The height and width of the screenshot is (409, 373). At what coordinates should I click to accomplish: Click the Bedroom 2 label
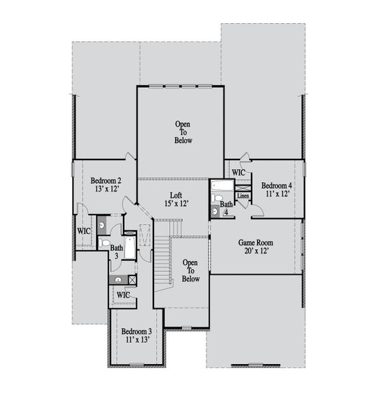[106, 181]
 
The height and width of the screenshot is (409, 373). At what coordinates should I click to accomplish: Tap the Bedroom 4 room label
[276, 185]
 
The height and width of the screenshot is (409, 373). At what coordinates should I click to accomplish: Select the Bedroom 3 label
[135, 331]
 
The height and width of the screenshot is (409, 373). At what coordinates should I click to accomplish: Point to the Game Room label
[253, 242]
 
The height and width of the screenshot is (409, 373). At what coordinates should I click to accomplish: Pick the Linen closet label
[243, 196]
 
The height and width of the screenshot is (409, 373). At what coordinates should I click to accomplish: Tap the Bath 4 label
[226, 207]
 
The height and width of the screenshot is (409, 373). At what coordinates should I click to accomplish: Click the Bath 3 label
[117, 252]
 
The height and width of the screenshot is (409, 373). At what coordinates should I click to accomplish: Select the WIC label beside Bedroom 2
[84, 232]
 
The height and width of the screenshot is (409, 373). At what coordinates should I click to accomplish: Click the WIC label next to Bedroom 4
[238, 172]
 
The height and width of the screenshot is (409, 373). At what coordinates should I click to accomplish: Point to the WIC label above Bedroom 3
[123, 294]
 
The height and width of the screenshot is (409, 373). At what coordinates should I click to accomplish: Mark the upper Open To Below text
[183, 132]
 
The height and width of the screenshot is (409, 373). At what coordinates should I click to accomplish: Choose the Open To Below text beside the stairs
[190, 270]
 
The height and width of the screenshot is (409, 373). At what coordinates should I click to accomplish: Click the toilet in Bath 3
[104, 242]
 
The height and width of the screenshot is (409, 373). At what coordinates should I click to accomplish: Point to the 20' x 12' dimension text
[253, 251]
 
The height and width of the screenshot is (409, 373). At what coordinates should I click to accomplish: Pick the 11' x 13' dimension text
[135, 339]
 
